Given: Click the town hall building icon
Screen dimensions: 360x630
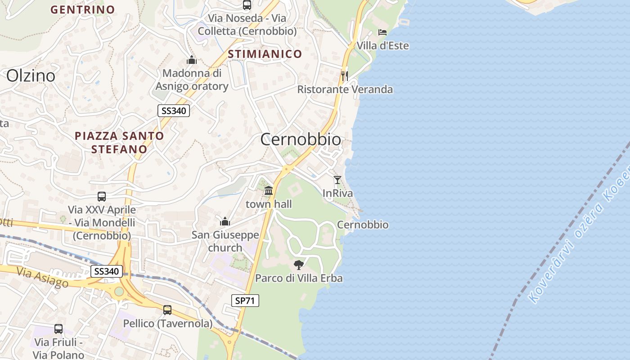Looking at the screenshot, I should click(269, 191).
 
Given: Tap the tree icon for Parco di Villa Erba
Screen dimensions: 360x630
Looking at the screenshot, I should click(298, 265).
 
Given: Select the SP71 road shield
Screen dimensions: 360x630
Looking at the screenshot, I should click(246, 301).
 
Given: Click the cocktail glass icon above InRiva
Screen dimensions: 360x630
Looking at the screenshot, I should click(337, 180).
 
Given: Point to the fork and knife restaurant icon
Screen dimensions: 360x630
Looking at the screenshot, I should click(345, 76).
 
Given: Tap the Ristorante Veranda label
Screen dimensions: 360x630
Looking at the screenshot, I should click(345, 90).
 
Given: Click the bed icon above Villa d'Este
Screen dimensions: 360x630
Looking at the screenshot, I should click(382, 32).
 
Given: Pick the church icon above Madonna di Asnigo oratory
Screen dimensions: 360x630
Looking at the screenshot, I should click(192, 60).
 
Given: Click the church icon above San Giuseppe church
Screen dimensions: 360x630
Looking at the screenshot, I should click(225, 221).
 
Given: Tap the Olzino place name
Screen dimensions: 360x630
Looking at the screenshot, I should click(31, 76).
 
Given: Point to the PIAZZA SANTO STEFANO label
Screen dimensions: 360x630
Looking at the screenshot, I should click(119, 142).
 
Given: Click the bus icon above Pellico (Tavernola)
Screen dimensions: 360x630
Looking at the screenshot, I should click(167, 310).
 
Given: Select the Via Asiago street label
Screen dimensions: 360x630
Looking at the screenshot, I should click(43, 278).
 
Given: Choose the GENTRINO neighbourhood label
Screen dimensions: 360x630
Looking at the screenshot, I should click(82, 9).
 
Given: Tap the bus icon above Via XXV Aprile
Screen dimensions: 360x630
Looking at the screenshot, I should click(102, 196).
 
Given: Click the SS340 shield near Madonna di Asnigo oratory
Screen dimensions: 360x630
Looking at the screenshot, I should click(173, 111).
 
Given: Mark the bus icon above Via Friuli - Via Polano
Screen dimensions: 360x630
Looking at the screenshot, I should click(58, 329).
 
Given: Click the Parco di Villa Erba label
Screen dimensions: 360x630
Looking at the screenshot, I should click(299, 279).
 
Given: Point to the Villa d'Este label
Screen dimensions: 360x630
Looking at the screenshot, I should click(382, 46).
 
